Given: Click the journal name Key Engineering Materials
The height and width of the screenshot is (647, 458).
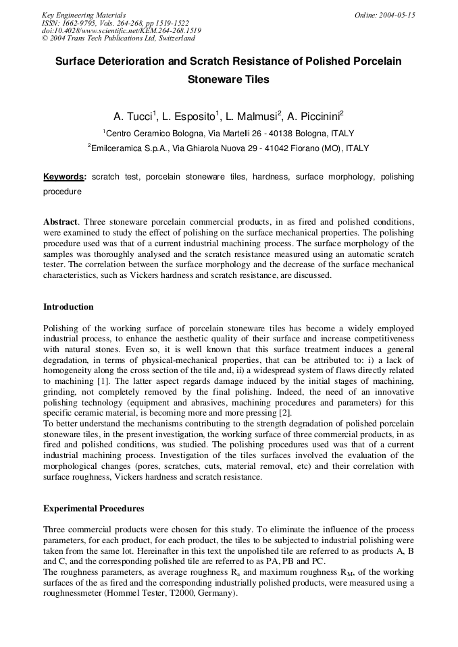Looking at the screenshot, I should coord(84,15).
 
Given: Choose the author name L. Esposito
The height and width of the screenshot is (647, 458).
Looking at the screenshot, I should coord(189,116).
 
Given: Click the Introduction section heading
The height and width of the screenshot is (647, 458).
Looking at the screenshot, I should coord(68,307).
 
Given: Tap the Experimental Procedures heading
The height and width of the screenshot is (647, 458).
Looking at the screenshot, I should coord(93,508).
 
